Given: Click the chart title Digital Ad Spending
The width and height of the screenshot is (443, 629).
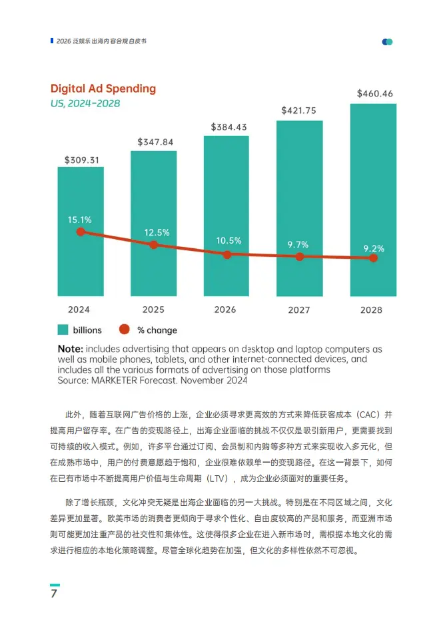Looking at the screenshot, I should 103,89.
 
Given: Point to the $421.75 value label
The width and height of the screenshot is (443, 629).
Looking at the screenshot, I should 299,110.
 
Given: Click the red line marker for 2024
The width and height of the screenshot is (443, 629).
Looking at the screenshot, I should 81,232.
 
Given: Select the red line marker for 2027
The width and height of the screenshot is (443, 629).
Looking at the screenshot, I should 300,256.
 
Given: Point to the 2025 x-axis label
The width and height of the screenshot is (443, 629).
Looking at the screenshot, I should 153,310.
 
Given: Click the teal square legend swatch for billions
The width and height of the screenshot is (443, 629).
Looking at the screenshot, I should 63,329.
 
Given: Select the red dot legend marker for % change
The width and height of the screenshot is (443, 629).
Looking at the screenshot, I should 123,329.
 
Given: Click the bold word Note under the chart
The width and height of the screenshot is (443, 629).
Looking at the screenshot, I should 70,349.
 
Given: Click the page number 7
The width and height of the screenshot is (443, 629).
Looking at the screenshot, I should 54,594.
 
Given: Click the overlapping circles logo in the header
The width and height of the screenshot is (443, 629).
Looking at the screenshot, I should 387,41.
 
